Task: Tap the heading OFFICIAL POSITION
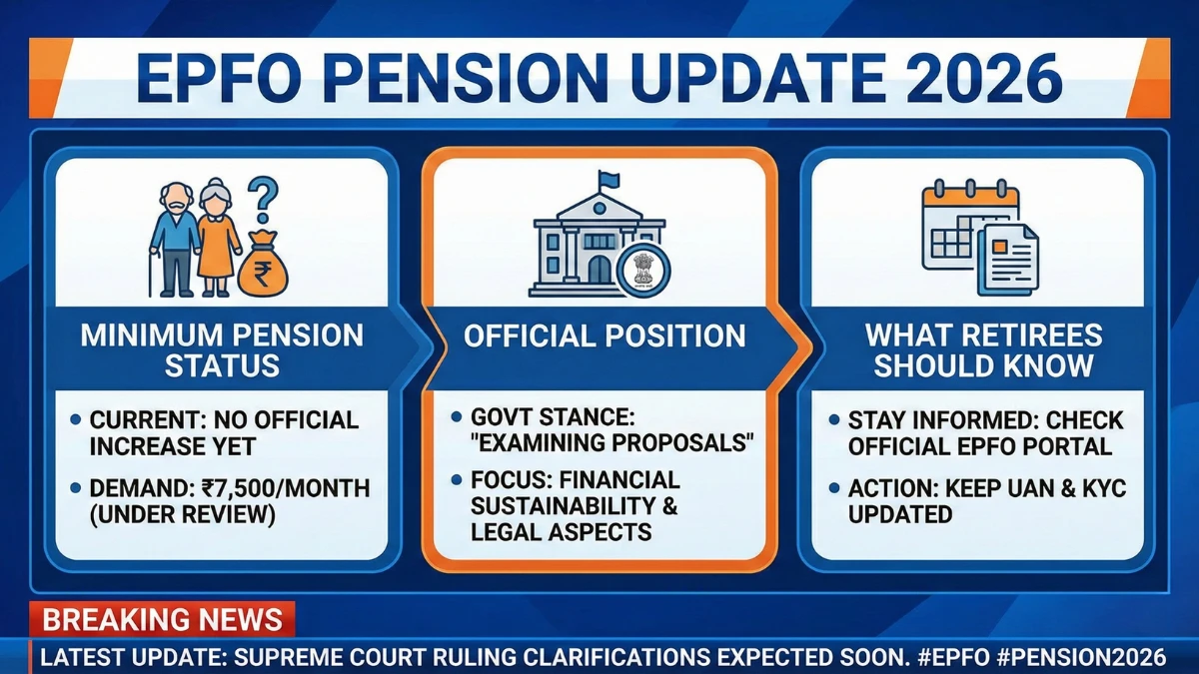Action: point(604,336)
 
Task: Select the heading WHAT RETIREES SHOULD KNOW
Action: point(983,349)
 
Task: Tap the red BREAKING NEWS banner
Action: point(163,619)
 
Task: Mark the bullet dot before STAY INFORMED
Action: point(833,421)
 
